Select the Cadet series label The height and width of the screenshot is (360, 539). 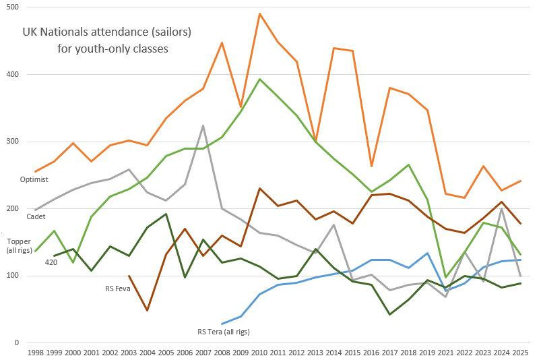click(36, 216)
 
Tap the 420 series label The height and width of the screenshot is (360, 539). click(51, 262)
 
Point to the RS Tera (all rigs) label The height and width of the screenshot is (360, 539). click(228, 331)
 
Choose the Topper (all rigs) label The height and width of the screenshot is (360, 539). click(18, 245)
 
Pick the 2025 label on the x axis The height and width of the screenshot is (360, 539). click(520, 353)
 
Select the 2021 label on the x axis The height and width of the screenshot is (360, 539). click(446, 353)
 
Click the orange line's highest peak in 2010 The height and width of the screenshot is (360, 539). click(259, 13)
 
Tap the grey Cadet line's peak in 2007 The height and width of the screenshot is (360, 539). click(203, 125)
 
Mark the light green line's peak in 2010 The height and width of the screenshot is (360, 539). click(259, 79)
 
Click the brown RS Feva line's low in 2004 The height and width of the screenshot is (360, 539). click(148, 310)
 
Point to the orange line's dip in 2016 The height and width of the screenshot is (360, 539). click(371, 166)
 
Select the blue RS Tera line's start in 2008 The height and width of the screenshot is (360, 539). click(222, 324)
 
